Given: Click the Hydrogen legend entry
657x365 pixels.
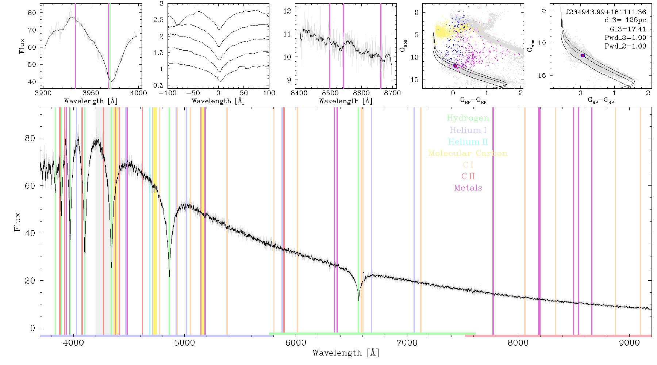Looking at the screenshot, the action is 468,118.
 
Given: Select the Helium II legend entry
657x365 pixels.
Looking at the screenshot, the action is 468,142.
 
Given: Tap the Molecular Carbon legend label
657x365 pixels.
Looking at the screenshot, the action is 468,153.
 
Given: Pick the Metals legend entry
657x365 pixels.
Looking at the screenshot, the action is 468,188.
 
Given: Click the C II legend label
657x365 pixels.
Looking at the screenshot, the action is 468,176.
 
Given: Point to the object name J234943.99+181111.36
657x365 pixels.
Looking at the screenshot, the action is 606,12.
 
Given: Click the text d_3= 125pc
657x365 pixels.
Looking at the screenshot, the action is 620,20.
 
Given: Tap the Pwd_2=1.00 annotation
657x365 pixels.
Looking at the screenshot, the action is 625,46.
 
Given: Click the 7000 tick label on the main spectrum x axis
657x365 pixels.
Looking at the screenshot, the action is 407,343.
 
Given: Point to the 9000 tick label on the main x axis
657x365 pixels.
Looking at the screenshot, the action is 629,343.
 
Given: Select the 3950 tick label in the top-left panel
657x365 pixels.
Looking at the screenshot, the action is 91,93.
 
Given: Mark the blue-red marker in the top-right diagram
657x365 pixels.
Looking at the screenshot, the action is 583,55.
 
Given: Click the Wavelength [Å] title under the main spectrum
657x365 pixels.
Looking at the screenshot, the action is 346,353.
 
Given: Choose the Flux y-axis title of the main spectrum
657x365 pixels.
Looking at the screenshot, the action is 17,222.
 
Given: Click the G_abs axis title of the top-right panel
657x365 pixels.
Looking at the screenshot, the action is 531,45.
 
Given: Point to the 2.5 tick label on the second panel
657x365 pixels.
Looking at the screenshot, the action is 158,20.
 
